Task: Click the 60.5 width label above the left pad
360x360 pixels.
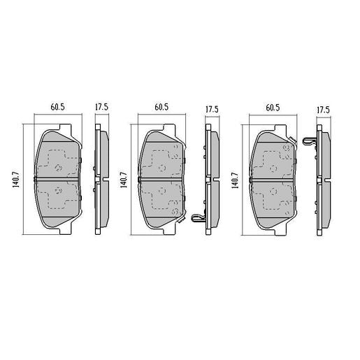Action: coord(57,108)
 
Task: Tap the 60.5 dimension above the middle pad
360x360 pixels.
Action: coord(162,108)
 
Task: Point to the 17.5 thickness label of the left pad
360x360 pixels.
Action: coord(101,108)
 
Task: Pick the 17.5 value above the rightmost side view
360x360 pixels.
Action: coord(322,109)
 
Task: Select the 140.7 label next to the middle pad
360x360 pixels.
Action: coord(124,180)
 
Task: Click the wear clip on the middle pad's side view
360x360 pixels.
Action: coord(199,220)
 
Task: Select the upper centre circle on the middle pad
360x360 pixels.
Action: coord(162,168)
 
